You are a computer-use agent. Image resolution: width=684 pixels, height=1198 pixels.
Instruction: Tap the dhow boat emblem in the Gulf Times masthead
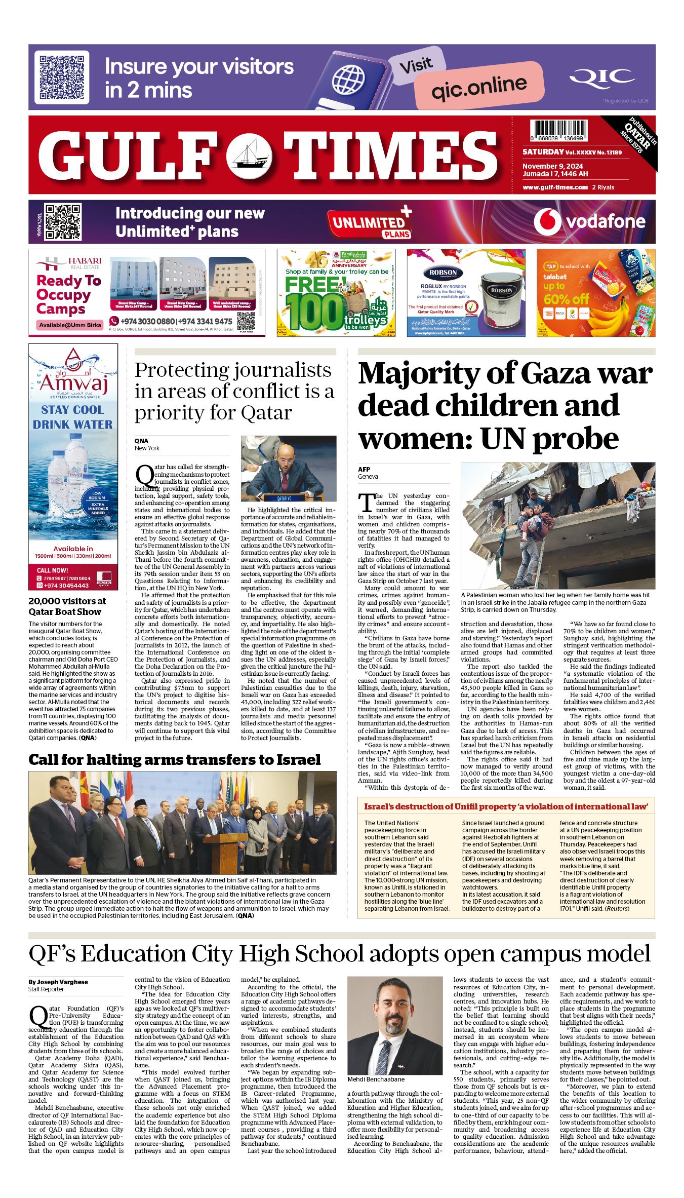coord(250,156)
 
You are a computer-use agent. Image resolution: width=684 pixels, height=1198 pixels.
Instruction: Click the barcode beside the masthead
coord(560,130)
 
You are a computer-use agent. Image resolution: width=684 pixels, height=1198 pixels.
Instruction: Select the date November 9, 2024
coord(552,166)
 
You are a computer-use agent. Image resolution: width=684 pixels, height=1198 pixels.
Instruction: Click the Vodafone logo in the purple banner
coord(590,222)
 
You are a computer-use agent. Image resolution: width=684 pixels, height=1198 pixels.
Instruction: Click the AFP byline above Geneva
coord(364,469)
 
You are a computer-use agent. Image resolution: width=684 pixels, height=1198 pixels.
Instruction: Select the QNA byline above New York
coord(141,441)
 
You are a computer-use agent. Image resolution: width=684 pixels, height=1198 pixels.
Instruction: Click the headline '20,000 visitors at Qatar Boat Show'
coord(67,606)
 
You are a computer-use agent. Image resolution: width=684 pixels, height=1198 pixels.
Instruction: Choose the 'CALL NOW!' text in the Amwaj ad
coord(52,570)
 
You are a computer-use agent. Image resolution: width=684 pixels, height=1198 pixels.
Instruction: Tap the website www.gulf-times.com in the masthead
coord(555,187)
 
